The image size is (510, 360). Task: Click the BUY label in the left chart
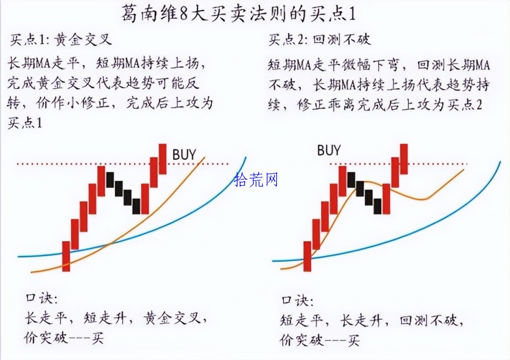(184, 155)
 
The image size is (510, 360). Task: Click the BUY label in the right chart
(329, 150)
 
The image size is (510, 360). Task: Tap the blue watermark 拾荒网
(256, 179)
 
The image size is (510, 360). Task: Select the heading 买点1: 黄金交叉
(61, 40)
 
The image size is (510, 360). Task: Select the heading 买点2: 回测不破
(319, 40)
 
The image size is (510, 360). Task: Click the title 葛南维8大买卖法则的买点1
(239, 14)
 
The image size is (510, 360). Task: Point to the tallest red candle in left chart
(163, 159)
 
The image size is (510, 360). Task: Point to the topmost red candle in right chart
(404, 159)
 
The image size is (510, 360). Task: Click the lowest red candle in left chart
(66, 256)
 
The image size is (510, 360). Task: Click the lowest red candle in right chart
(308, 256)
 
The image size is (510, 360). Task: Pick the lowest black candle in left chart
(136, 206)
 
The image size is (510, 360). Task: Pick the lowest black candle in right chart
(377, 206)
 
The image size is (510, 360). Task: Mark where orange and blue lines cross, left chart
(111, 243)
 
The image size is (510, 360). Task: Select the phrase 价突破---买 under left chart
(64, 338)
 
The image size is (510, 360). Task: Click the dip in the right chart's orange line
(423, 199)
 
